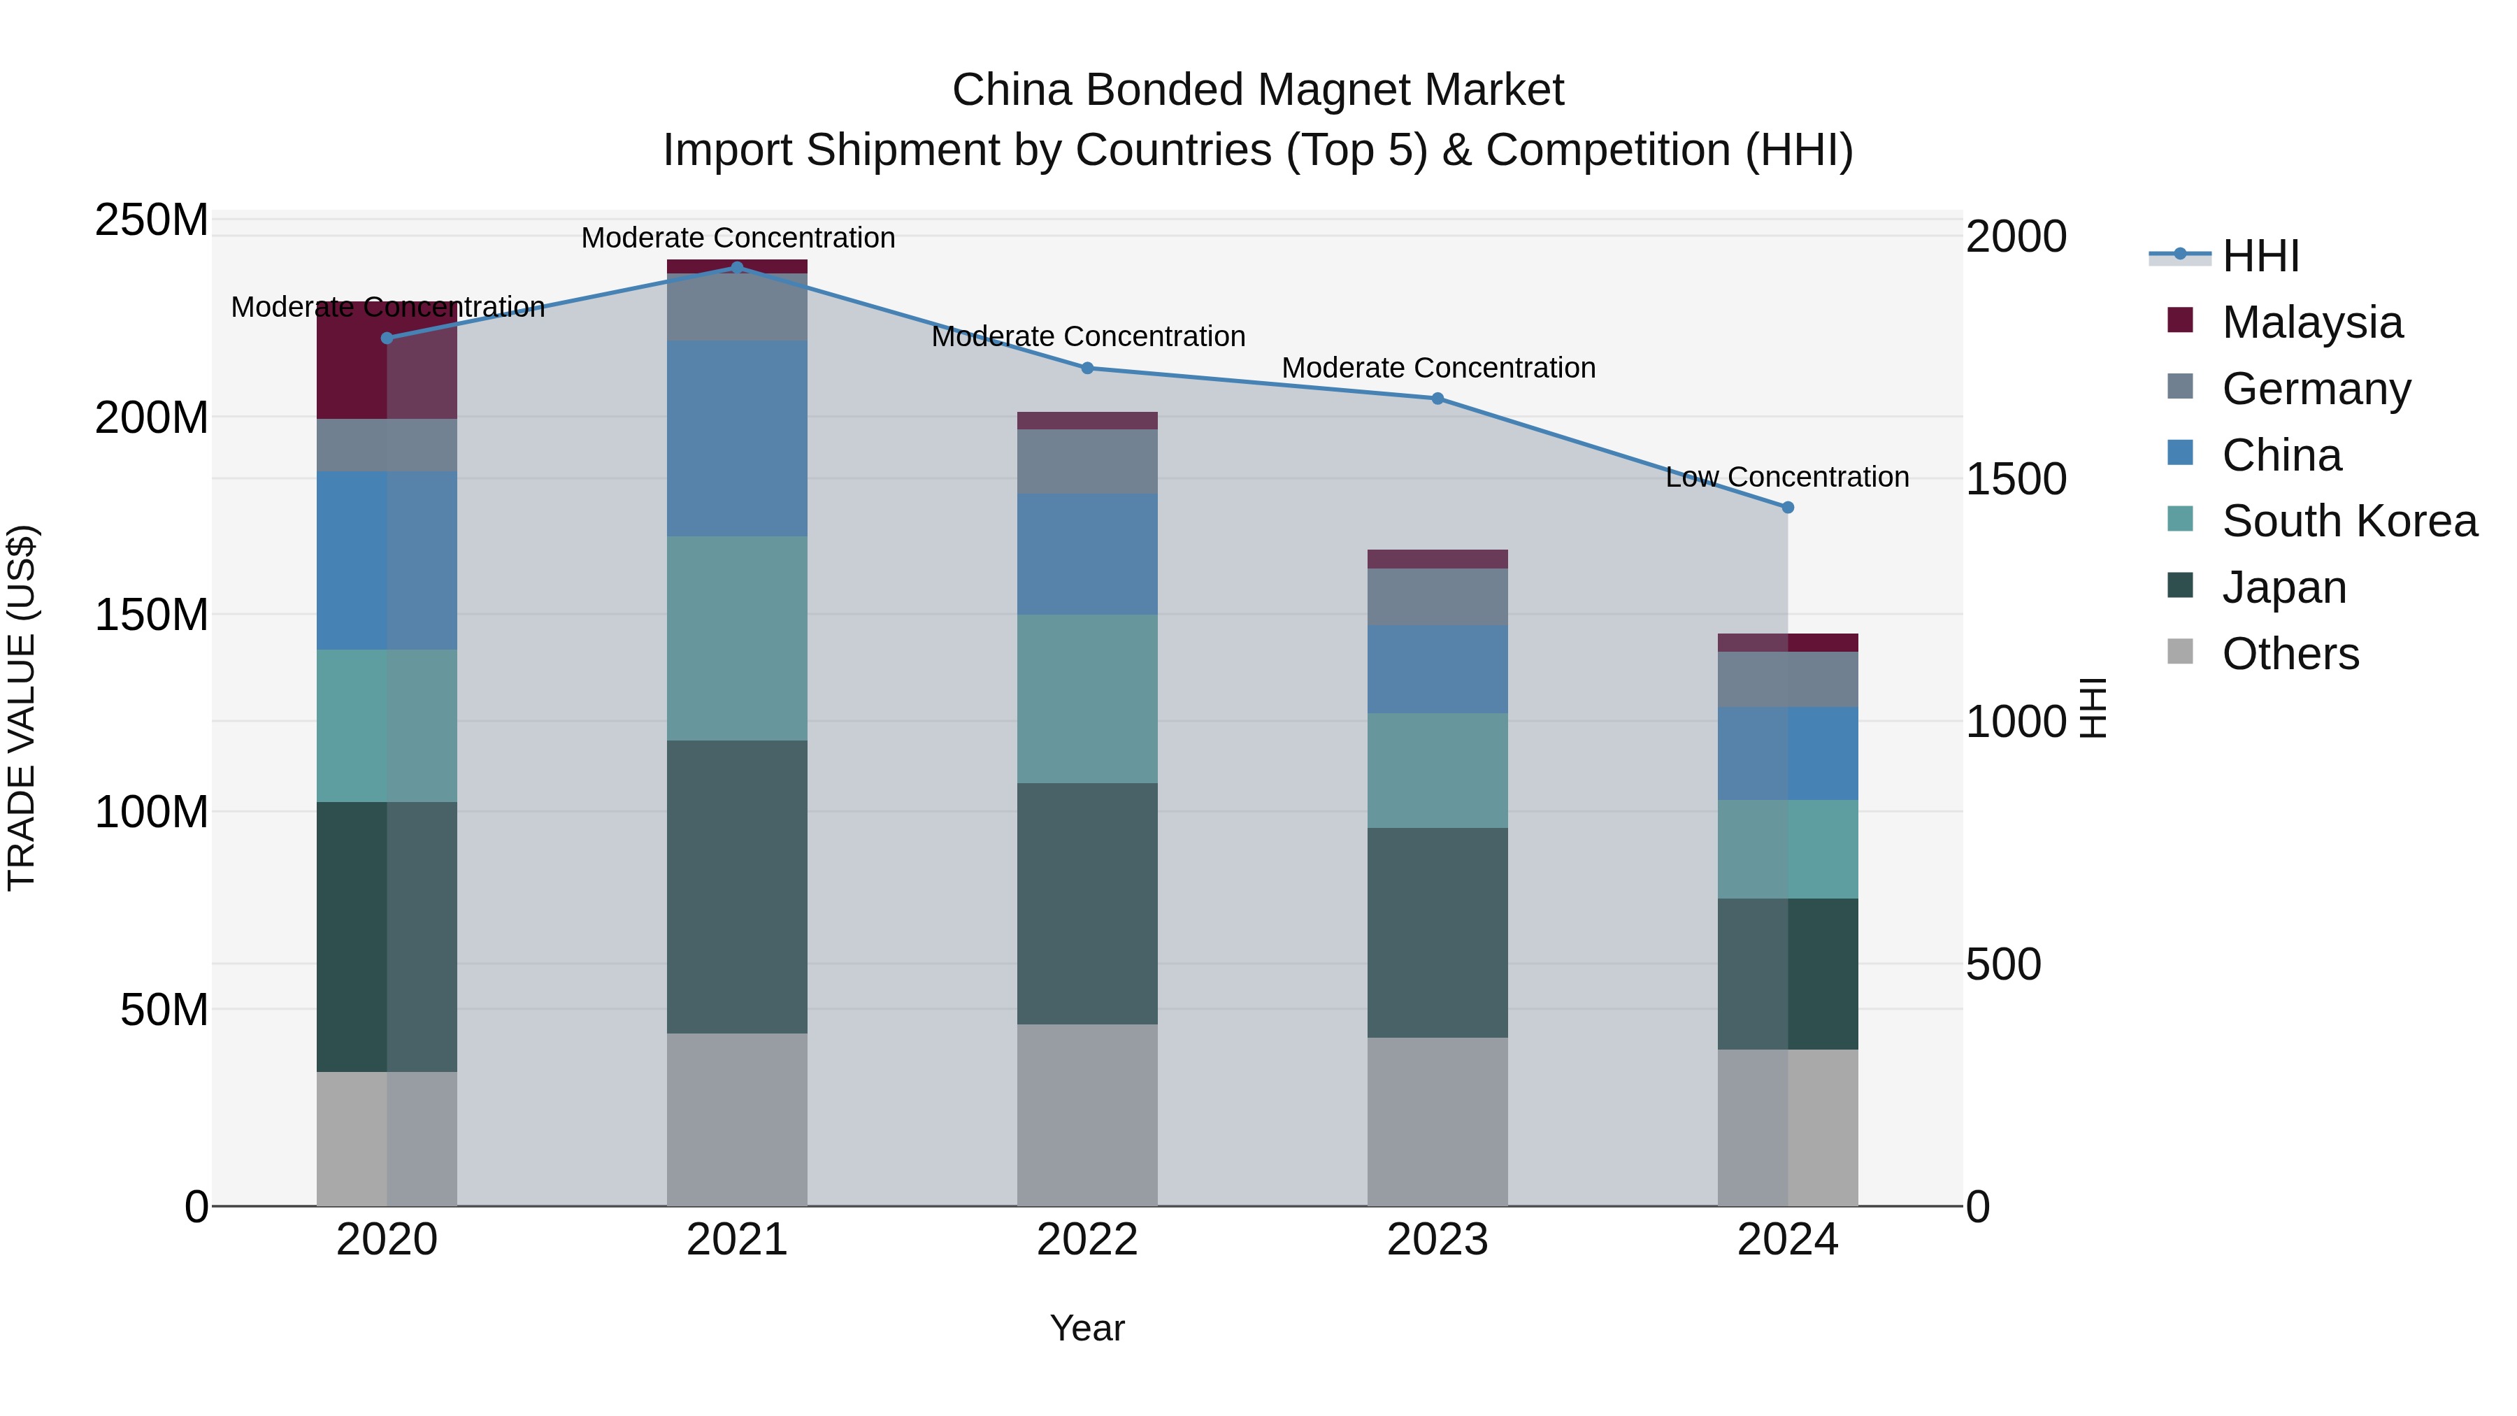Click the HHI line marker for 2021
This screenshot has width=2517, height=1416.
pos(737,267)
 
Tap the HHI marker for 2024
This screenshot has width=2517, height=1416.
pos(1787,507)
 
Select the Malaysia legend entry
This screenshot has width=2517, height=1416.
pos(2311,322)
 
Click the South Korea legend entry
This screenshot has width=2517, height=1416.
pos(2349,521)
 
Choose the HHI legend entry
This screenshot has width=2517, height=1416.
pos(2260,256)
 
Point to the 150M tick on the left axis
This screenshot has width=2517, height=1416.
pos(152,615)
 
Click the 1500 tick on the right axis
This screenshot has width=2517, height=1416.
pos(2016,479)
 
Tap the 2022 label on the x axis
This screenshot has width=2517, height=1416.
pos(1087,1240)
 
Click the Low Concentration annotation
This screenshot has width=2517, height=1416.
pos(1786,477)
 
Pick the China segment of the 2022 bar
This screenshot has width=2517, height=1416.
pos(1087,554)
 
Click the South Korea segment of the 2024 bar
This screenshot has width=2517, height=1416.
pos(1787,848)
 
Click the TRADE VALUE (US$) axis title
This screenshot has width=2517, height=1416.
pos(22,708)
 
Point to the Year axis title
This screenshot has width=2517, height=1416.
pos(1087,1328)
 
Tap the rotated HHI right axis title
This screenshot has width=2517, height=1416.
pos(2092,708)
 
